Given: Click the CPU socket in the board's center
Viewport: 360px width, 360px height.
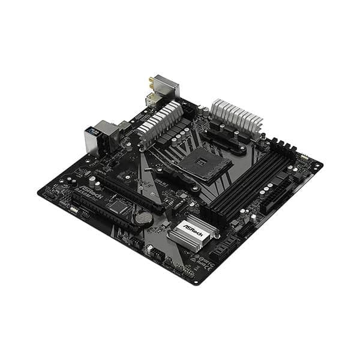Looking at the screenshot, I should [x=207, y=163].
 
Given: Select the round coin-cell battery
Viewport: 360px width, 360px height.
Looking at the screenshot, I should [x=143, y=219].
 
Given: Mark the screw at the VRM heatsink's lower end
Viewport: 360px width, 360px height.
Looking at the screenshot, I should [x=144, y=146].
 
